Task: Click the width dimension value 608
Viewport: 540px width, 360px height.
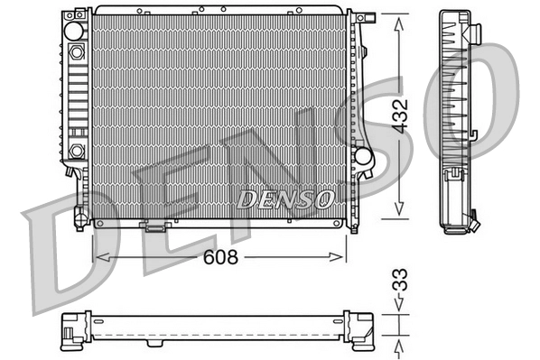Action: click(219, 257)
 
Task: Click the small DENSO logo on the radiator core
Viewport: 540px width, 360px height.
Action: click(286, 196)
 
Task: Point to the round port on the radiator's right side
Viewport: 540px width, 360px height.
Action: click(363, 155)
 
